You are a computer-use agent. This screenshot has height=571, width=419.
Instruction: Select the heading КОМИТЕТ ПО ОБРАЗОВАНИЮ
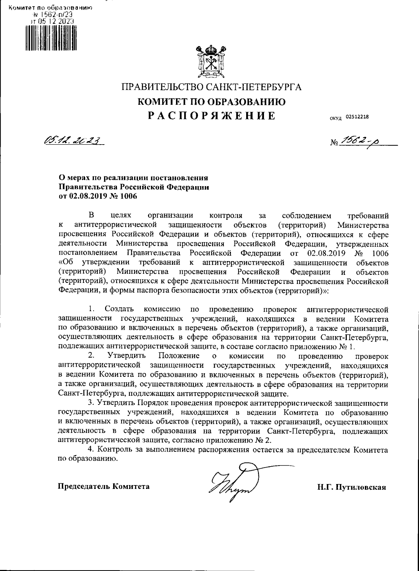212,102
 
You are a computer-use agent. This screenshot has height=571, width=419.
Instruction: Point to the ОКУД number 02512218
357,117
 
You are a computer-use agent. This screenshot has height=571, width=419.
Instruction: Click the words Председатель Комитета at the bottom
104,486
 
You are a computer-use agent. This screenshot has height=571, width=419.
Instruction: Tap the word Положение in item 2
179,356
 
